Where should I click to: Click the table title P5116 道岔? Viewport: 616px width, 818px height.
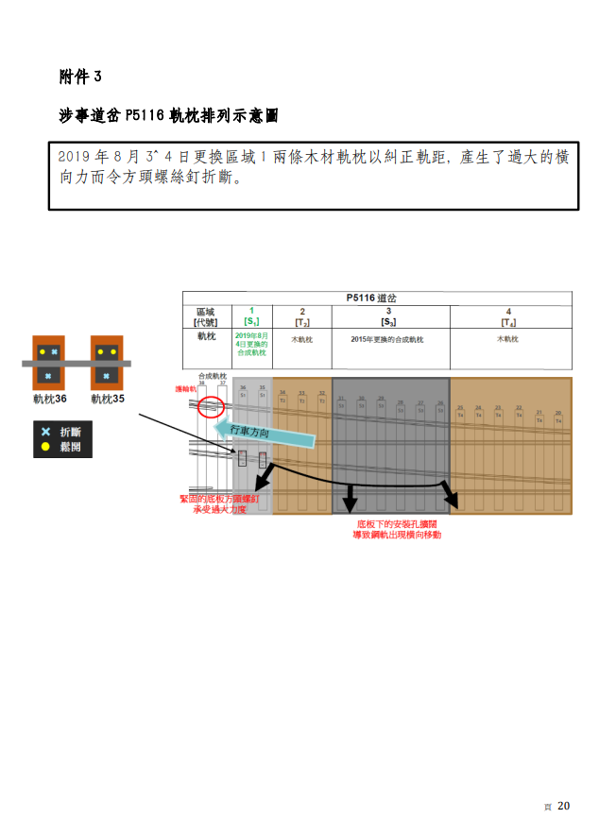375,298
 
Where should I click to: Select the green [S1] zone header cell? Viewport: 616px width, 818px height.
251,316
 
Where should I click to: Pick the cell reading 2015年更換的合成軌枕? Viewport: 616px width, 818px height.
387,339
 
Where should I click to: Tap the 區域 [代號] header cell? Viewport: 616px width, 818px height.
206,316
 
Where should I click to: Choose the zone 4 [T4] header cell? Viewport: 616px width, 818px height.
509,316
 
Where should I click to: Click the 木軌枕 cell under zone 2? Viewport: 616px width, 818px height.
301,339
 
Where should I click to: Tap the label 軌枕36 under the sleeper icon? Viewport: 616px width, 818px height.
46,400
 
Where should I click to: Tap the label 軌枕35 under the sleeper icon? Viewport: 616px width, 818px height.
109,400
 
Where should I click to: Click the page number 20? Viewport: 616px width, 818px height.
564,806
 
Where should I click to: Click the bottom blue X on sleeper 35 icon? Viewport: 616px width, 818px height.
109,377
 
